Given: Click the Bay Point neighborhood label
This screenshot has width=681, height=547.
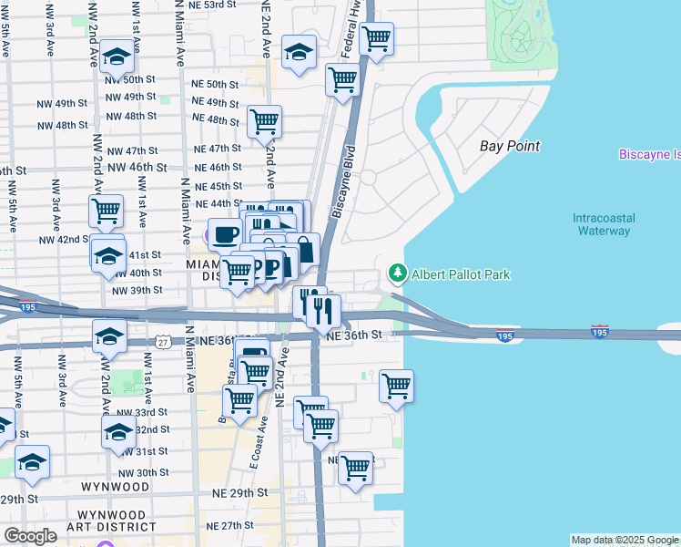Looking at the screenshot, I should click(510, 146).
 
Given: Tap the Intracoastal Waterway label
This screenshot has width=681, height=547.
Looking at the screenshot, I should click(604, 224).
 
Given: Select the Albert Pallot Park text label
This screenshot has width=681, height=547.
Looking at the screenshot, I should click(461, 274).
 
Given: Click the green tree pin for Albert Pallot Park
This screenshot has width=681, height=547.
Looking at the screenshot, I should click(398, 273).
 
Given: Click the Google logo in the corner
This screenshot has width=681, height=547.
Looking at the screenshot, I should click(31, 536).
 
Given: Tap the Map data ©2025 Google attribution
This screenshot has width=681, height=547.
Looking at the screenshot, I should click(625, 540).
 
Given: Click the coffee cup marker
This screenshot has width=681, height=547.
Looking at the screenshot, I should click(226, 234).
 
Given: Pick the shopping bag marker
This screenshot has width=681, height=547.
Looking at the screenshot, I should click(303, 249).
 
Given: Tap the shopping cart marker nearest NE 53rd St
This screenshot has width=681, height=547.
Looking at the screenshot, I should click(376, 38).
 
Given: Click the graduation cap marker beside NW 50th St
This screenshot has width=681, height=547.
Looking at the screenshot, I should click(116, 57).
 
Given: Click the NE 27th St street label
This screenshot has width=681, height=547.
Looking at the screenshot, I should click(229, 526).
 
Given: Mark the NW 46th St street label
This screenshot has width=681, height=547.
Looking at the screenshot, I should click(137, 168).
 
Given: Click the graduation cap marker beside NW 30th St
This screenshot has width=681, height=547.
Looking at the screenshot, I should click(32, 462).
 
